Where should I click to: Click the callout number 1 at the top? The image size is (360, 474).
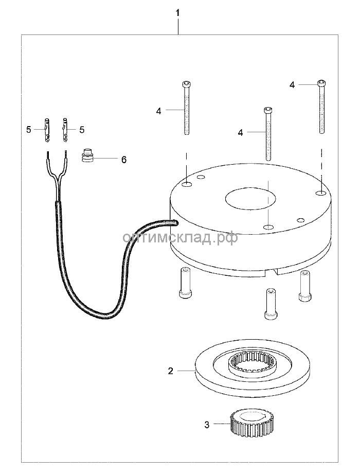(177, 13)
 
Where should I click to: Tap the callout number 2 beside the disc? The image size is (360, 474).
(171, 371)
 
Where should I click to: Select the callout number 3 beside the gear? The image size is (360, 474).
(207, 425)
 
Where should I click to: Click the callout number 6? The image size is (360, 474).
(124, 160)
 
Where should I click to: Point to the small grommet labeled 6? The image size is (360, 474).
(87, 155)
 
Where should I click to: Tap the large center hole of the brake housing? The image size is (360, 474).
(250, 198)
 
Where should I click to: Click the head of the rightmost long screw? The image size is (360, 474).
(321, 83)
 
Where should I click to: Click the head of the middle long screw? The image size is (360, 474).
(267, 110)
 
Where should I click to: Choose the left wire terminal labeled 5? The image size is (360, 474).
(47, 130)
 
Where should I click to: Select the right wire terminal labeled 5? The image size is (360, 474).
(65, 130)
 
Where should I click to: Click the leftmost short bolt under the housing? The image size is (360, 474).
(185, 283)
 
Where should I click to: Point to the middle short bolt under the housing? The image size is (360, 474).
(271, 304)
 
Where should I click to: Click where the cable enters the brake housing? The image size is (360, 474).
(174, 223)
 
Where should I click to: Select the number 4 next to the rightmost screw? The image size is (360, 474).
(292, 85)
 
